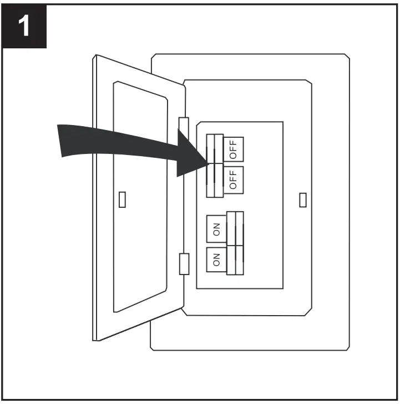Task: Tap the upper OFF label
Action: (233, 148)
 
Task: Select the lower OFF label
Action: (233, 179)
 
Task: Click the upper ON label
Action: (216, 228)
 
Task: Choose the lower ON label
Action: (216, 258)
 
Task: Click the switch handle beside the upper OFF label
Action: (215, 148)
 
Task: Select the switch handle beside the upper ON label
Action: (235, 228)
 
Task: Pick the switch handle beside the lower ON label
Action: (235, 259)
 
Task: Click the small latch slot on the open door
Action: (123, 199)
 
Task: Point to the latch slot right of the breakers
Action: (302, 199)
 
